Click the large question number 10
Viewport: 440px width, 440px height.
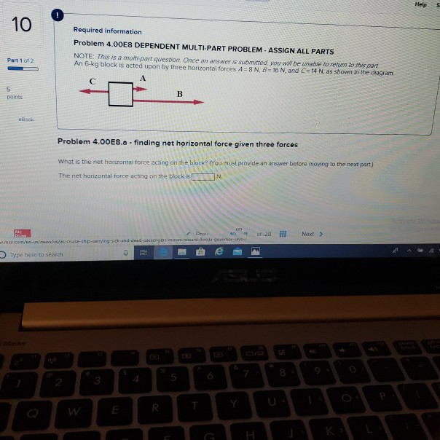point(22,25)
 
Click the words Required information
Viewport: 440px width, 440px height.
point(107,31)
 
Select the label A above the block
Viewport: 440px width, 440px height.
point(143,77)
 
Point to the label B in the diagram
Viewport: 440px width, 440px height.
point(179,93)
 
